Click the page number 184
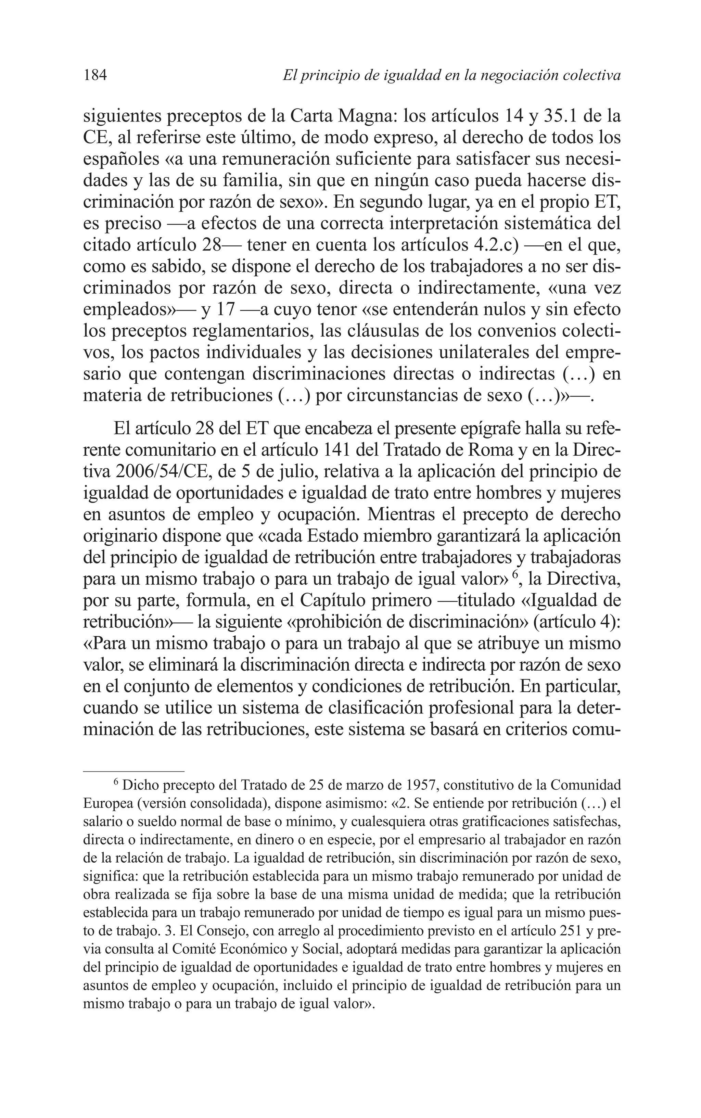tap(95, 75)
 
